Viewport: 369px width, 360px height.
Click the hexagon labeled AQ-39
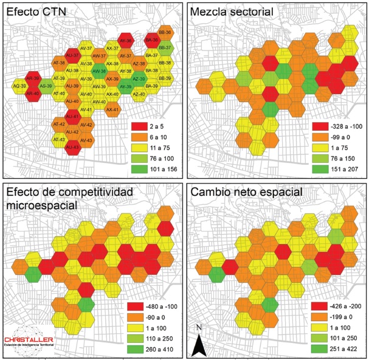point(19,86)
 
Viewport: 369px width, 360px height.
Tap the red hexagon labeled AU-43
point(72,147)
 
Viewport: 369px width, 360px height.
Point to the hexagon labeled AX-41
point(112,109)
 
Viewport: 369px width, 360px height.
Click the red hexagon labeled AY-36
point(126,40)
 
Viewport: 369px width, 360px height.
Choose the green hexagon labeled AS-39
point(46,86)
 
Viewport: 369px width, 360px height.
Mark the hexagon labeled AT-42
point(59,124)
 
